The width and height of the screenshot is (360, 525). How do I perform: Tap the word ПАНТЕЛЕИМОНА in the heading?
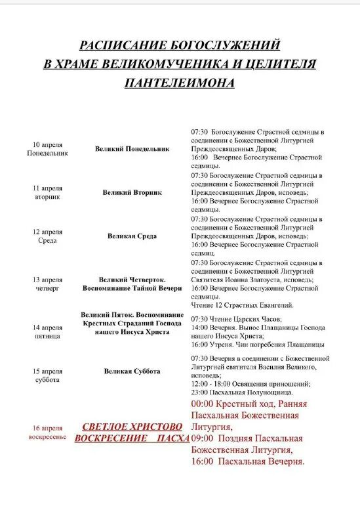(x=180, y=83)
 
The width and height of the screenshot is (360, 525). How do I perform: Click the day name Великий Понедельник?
(x=132, y=149)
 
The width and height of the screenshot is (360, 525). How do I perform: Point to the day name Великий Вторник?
(x=132, y=193)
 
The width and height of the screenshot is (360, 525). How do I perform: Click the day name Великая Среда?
(x=132, y=236)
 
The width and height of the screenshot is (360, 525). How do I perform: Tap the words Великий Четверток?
(x=132, y=280)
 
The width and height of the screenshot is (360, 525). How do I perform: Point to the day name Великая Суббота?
(x=132, y=371)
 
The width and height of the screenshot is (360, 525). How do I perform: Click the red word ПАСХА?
(x=169, y=438)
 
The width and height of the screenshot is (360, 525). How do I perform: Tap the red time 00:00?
(x=202, y=404)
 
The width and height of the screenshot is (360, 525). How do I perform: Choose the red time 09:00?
(x=202, y=438)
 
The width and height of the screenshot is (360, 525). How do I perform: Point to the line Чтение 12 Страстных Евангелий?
(x=243, y=305)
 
